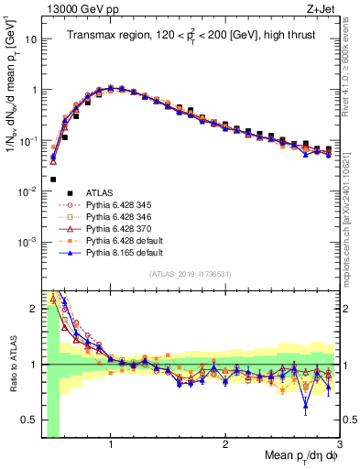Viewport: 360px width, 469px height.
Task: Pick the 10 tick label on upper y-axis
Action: [29, 39]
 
